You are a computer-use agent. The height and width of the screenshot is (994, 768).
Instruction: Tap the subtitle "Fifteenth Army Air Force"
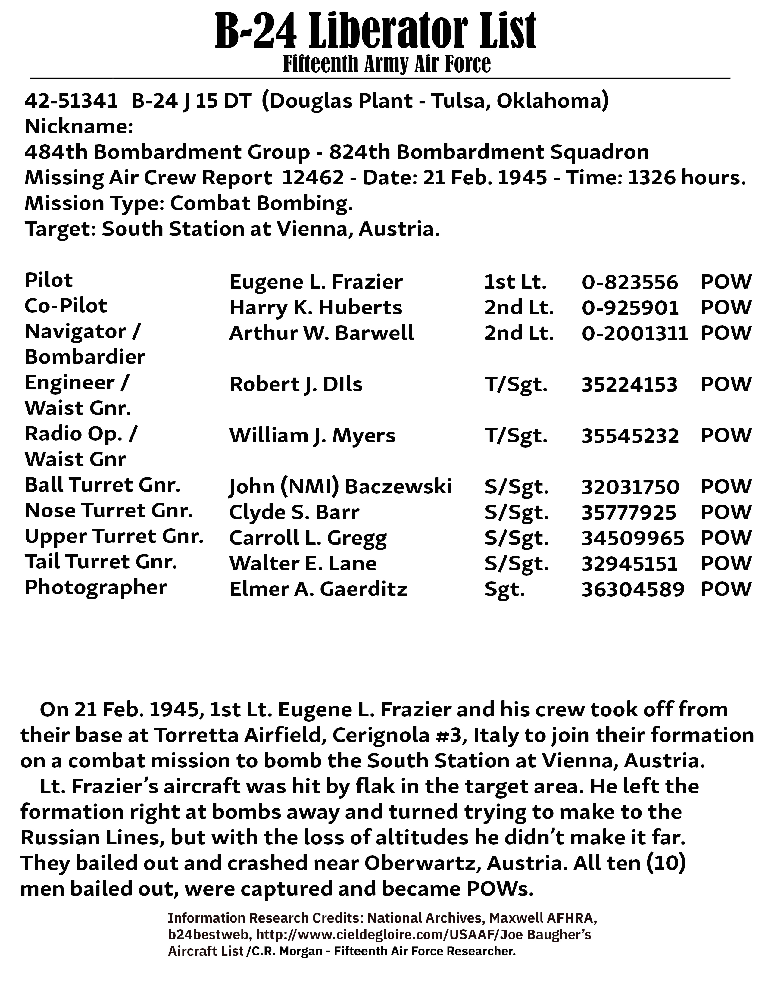click(387, 64)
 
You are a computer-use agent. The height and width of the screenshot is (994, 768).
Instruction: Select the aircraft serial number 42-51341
click(71, 101)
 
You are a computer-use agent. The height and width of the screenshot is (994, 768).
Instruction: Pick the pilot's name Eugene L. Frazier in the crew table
click(316, 282)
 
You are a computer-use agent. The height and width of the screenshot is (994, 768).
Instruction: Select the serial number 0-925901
click(630, 308)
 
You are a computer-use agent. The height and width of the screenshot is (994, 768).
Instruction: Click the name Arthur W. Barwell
click(321, 333)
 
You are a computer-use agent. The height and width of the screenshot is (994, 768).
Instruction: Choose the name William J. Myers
click(312, 436)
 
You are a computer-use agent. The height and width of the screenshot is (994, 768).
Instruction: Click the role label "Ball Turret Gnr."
click(102, 485)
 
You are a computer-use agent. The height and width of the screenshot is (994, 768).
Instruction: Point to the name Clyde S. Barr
click(294, 512)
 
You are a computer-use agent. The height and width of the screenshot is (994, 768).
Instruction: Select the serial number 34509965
click(633, 538)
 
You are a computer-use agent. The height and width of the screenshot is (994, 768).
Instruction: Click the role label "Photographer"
click(95, 588)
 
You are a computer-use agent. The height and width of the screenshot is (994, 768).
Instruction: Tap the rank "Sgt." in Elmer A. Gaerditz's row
click(504, 590)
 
